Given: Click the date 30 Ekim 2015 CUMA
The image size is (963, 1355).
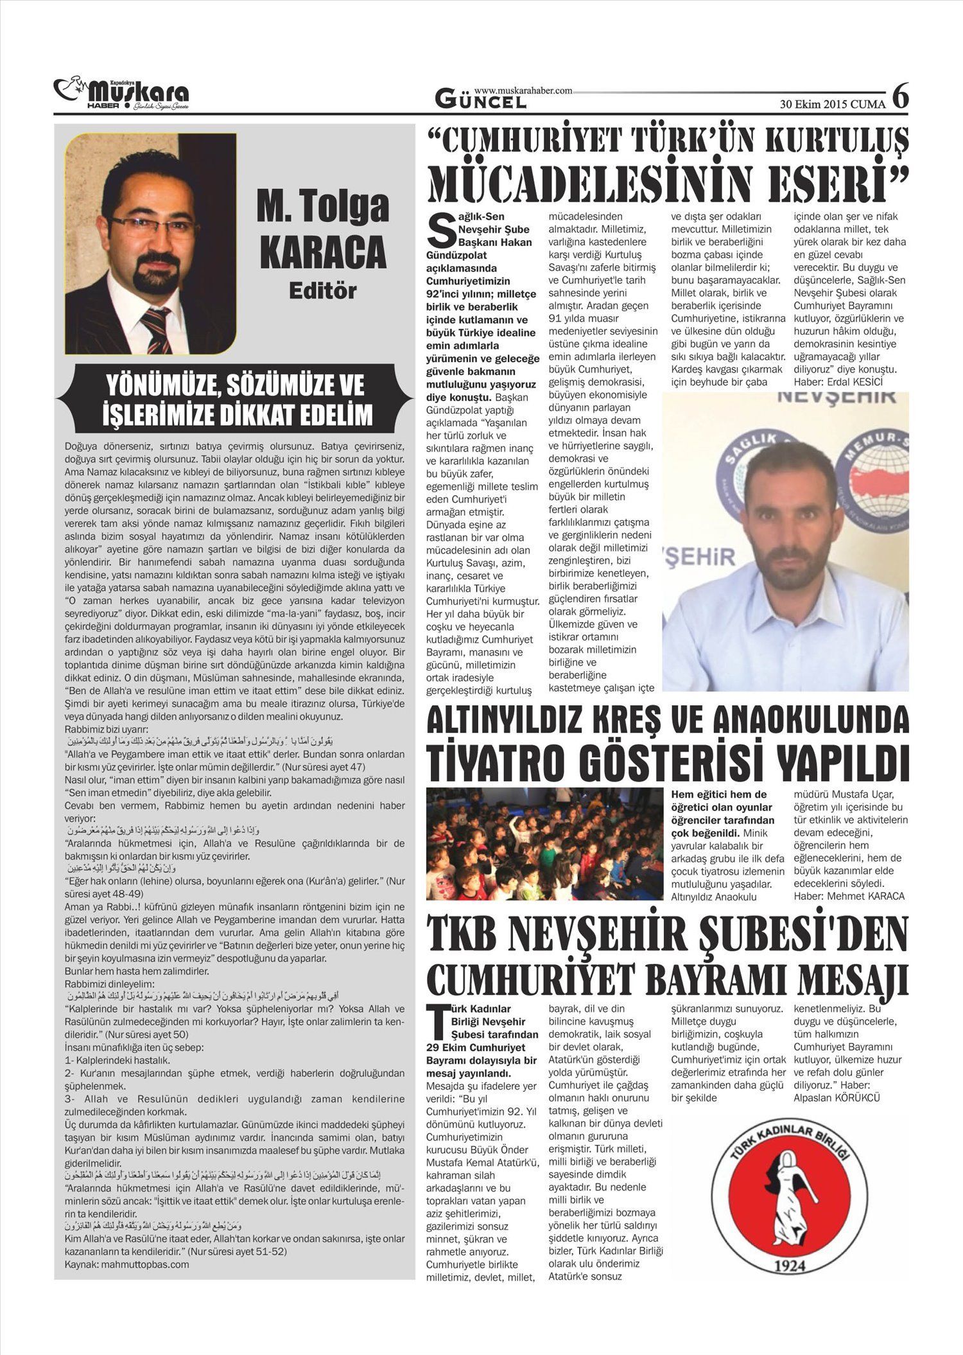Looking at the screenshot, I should (x=832, y=103).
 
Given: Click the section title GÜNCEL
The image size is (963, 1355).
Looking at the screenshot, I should (x=476, y=100).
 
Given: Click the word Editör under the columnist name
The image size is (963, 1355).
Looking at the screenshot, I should (x=322, y=290).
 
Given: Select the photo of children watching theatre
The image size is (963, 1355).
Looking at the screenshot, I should (x=544, y=843).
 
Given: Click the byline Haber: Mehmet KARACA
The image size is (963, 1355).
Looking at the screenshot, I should (x=849, y=896).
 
